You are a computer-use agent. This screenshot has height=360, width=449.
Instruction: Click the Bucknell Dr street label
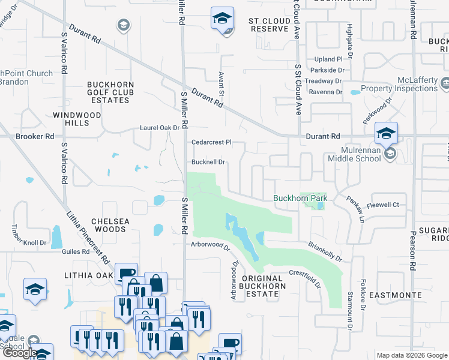click(x=208, y=162)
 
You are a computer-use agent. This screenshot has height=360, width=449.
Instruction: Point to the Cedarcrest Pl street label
click(x=211, y=143)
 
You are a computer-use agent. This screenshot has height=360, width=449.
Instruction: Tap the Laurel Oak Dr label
click(x=160, y=128)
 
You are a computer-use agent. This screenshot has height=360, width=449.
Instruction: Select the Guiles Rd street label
click(x=76, y=253)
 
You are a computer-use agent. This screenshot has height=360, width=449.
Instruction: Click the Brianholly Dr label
click(x=325, y=251)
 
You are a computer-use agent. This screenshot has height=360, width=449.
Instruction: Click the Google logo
click(x=20, y=353)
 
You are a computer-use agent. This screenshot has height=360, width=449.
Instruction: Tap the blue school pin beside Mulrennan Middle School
click(x=385, y=133)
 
